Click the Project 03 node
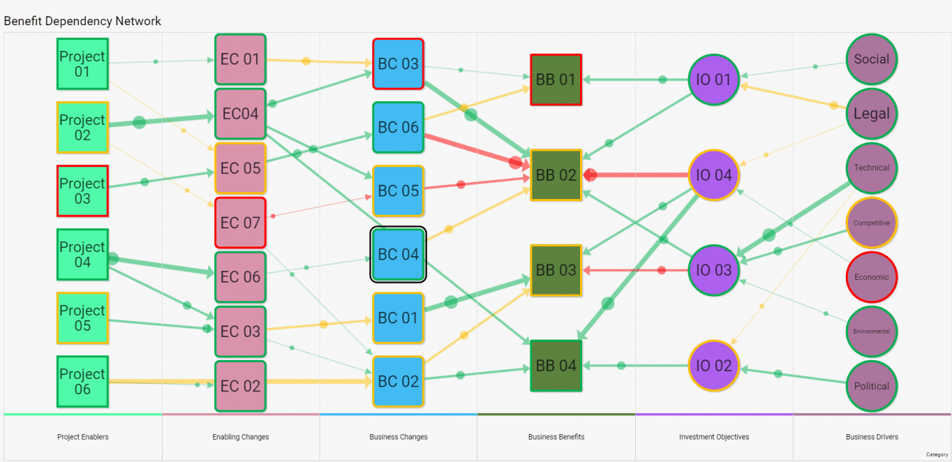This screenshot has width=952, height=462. (82, 191)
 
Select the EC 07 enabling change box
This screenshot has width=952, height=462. (240, 223)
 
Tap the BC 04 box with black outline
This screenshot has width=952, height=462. (398, 255)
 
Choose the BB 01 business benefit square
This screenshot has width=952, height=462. (556, 79)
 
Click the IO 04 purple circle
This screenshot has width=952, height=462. (713, 175)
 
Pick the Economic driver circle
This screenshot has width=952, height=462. (872, 277)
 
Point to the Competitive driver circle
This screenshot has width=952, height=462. (872, 223)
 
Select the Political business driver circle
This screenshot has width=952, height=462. (872, 386)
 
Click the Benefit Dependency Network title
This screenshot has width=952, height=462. (82, 21)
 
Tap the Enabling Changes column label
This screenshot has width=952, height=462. (241, 437)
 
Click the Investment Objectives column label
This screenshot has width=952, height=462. (714, 437)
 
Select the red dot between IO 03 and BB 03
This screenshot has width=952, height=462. (662, 270)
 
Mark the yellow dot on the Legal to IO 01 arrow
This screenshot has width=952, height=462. (834, 105)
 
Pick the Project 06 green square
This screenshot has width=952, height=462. (82, 381)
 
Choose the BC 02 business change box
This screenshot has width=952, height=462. (398, 382)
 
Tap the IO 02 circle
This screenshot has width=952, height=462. (713, 366)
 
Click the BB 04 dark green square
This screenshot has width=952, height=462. (556, 366)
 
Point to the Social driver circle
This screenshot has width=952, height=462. (872, 59)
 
